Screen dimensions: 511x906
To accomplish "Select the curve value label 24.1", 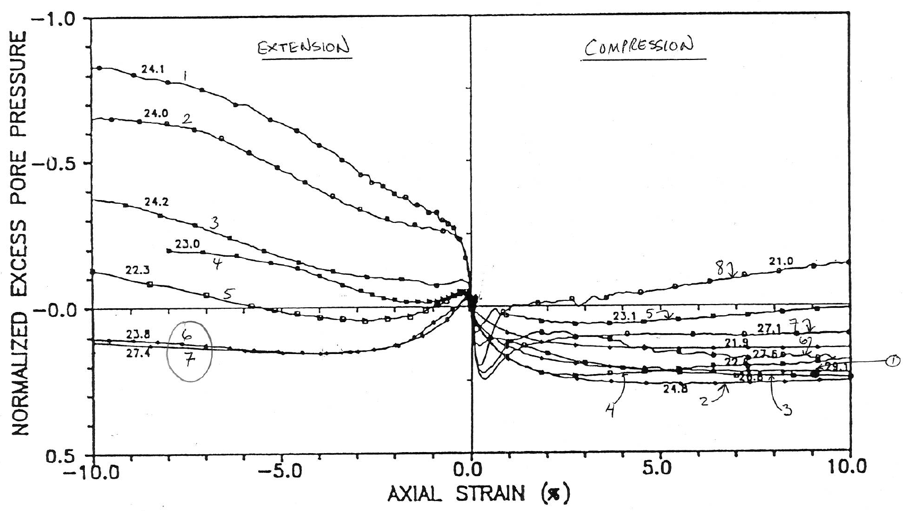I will pos(152,68).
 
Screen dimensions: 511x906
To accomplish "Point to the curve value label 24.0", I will pos(156,113).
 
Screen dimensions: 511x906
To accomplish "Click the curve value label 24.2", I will pos(156,202).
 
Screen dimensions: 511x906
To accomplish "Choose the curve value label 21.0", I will pos(781,261).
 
